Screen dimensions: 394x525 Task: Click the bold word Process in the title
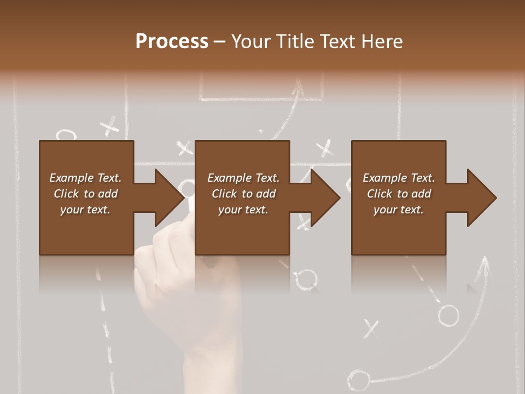coord(172,41)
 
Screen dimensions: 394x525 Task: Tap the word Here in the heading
coord(382,41)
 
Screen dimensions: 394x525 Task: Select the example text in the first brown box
coord(85,194)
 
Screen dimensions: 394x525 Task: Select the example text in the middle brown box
coord(243,194)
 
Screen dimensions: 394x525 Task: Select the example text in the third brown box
coord(399,194)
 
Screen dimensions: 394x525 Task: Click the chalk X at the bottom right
coord(371,328)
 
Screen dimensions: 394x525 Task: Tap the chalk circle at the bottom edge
coord(359,380)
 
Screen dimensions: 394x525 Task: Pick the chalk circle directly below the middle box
coord(308,278)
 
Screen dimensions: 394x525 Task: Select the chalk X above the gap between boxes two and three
coord(325,147)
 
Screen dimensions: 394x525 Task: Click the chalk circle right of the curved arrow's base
coord(448,315)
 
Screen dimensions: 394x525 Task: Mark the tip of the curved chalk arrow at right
coord(485,261)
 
